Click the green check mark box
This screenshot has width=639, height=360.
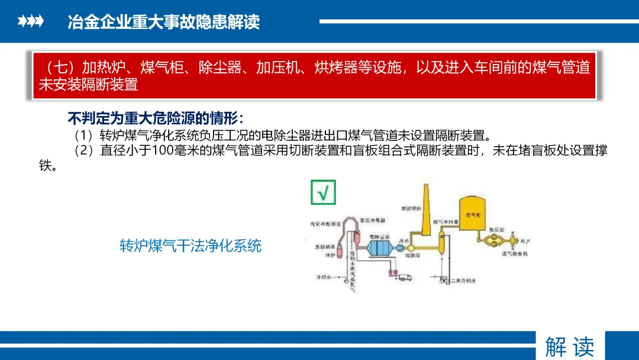pos(323,192)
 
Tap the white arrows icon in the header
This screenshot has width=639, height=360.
pos(31,22)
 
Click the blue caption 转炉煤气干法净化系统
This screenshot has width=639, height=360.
pos(191,246)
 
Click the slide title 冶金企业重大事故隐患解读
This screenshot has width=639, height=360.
pos(164,22)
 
